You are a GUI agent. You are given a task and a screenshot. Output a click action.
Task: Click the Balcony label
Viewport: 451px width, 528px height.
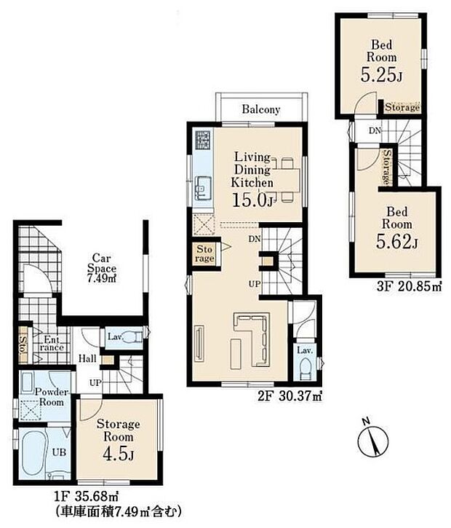260,109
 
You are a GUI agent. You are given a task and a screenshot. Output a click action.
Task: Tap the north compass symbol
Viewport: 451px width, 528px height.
372,439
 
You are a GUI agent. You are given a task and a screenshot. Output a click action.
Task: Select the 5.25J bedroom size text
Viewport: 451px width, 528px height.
381,75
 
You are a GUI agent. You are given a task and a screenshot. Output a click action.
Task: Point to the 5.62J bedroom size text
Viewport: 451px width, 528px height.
397,242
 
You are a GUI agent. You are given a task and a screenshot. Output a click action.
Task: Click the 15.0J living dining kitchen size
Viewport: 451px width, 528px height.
252,200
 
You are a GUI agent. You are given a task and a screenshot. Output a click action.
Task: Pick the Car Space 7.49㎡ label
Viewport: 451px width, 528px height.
102,269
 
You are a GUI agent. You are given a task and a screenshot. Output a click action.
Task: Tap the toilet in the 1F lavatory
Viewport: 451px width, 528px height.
133,336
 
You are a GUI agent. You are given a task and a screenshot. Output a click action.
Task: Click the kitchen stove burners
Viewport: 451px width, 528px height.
203,140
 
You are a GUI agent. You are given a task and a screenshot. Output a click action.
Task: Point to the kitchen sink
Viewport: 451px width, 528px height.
203,186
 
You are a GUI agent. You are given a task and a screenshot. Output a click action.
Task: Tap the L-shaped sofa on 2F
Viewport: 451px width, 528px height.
254,339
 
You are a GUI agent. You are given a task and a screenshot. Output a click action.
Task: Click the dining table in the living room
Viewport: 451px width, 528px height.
286,181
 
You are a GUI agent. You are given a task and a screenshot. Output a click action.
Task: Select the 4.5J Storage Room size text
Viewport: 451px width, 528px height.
118,454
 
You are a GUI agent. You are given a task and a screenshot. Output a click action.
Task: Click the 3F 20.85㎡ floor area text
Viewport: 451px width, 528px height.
409,287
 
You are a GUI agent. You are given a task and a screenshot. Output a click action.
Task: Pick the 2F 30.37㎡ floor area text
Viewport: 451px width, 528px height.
290,397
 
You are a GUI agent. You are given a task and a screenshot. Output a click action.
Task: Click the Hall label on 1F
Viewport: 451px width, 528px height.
87,359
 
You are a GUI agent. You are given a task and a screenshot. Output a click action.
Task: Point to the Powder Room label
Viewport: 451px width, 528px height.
52,397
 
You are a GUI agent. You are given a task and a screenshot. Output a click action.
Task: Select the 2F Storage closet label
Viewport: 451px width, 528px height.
204,254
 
